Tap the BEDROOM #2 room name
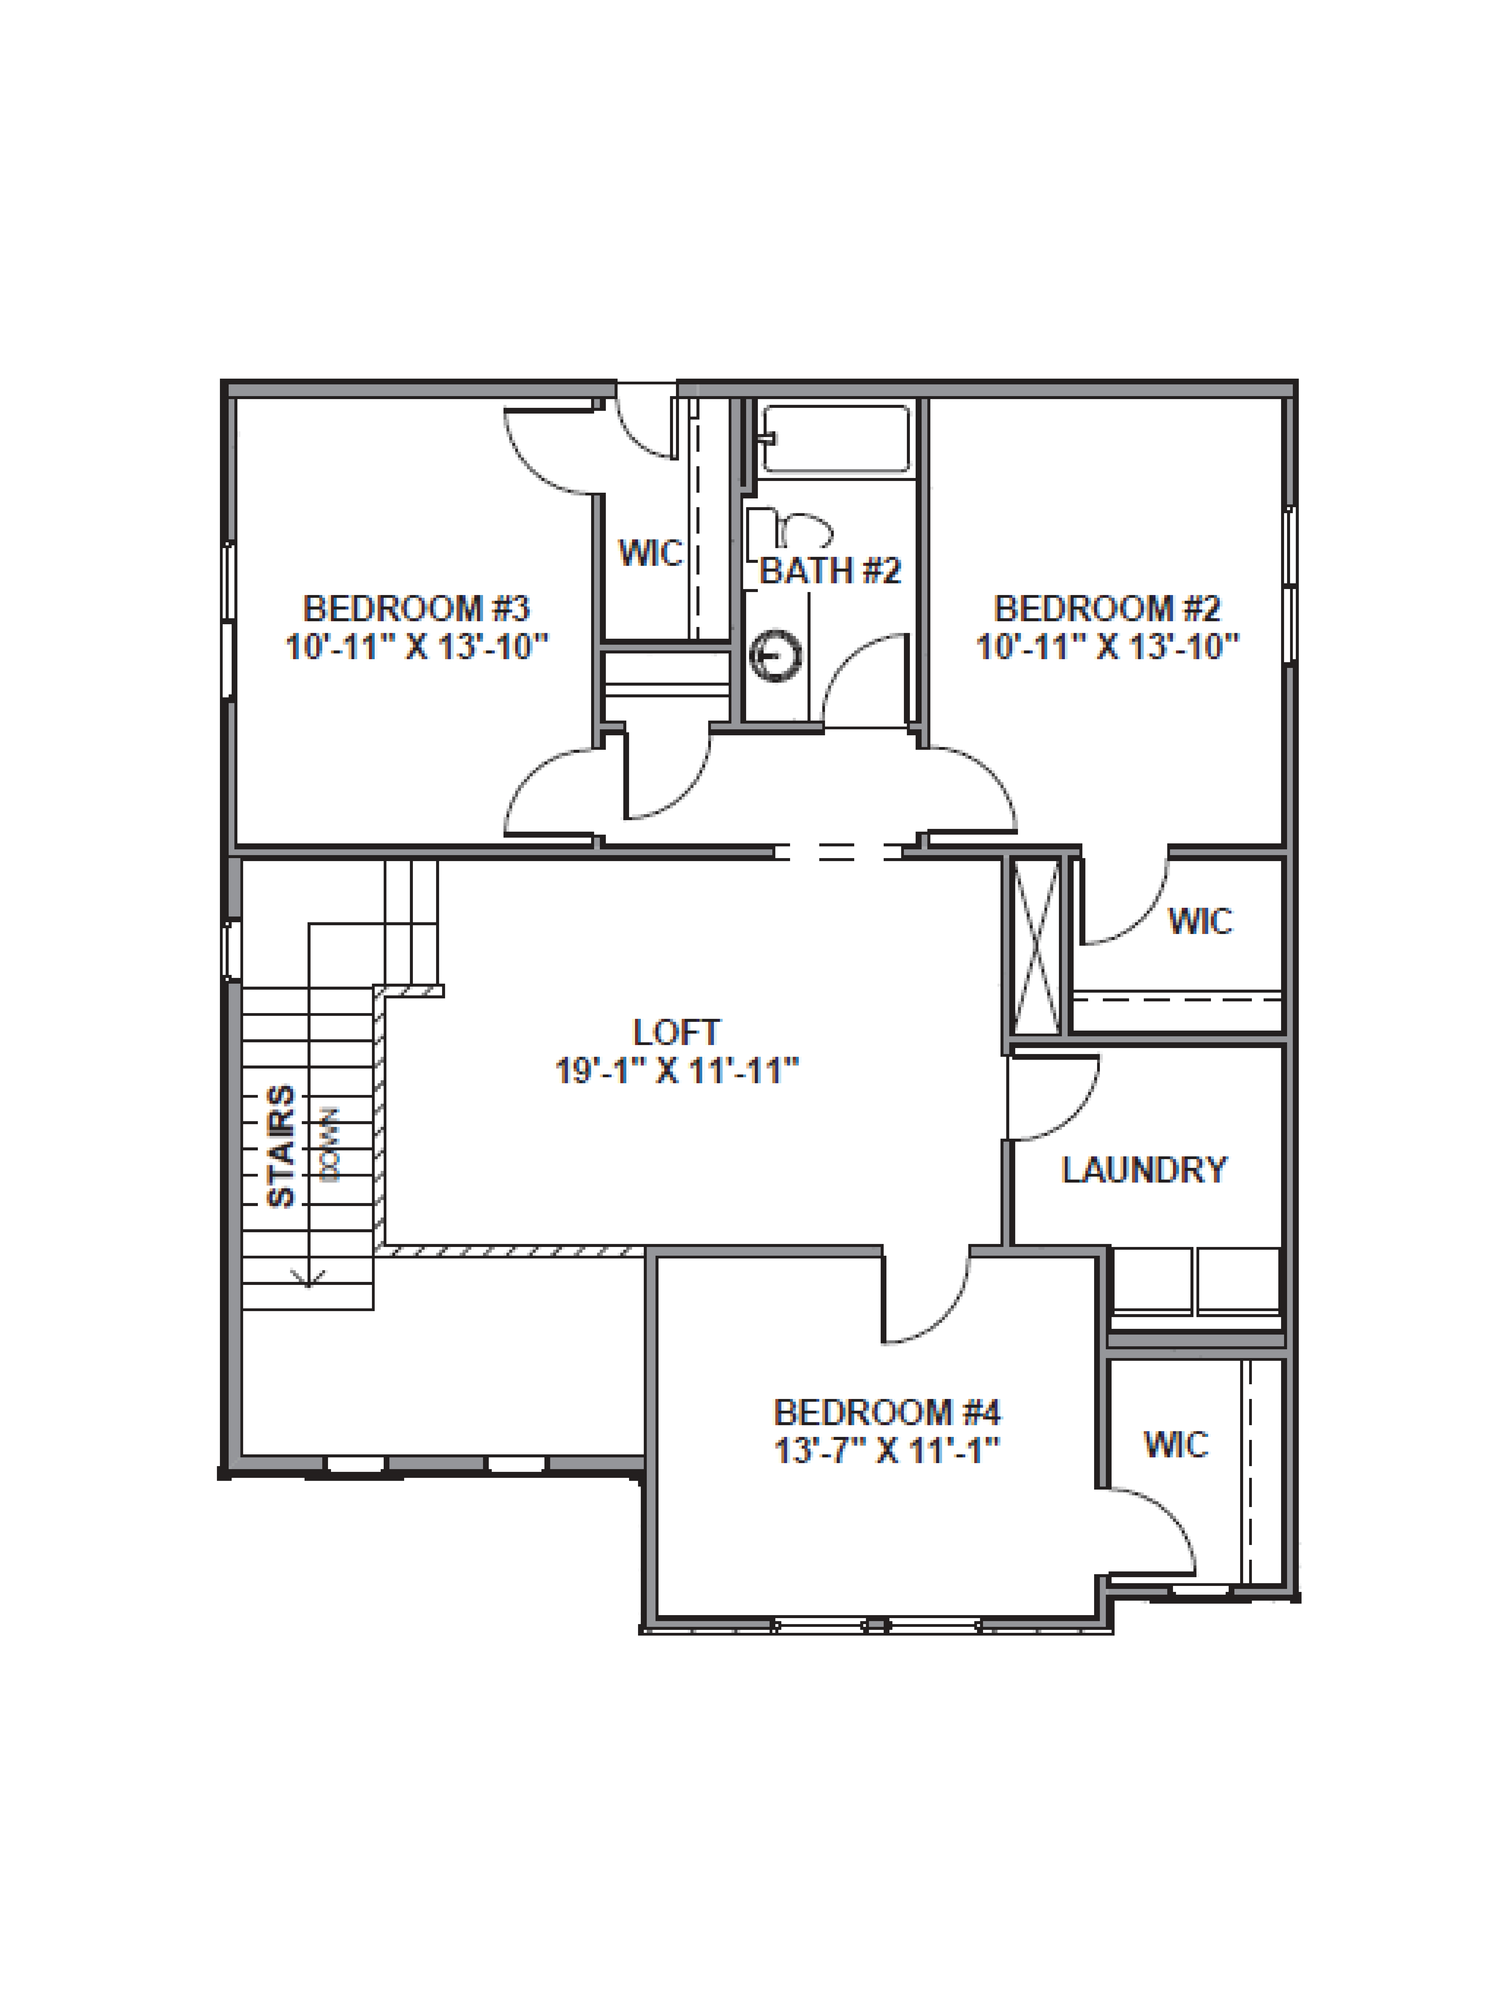coord(1107,609)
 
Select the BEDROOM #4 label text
coord(887,1412)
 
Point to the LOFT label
coord(676,1032)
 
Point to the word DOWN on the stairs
coord(330,1145)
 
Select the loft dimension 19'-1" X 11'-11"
coord(676,1072)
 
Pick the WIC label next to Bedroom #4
coord(1176,1444)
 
